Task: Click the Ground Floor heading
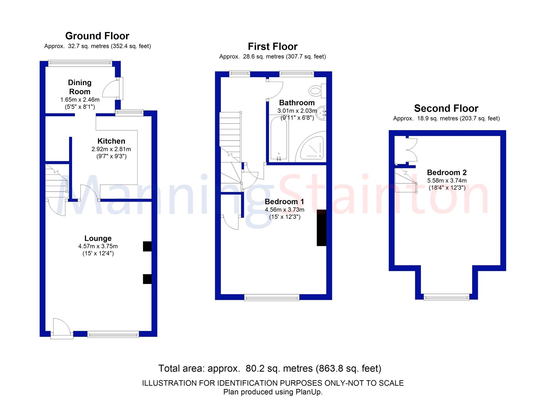tap(97, 36)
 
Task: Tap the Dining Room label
tap(80, 87)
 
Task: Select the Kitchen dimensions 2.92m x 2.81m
tap(111, 149)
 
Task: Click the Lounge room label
tap(98, 238)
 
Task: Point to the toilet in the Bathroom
tap(317, 91)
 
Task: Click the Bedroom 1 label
tap(284, 202)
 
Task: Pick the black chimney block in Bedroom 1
tap(321, 228)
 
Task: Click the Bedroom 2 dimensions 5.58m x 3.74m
tap(447, 181)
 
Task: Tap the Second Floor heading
tap(446, 108)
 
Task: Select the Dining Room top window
tap(80, 63)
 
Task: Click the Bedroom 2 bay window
tap(447, 297)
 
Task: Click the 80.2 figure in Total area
tap(254, 368)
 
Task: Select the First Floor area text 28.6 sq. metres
tap(264, 57)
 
